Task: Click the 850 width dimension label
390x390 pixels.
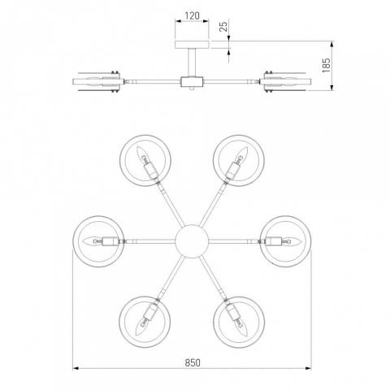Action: [x=193, y=362]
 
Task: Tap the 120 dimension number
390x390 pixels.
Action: [x=192, y=16]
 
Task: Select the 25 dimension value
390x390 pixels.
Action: [x=224, y=27]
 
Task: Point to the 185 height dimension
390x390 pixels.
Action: [x=327, y=65]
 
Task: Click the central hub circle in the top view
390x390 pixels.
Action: [x=192, y=241]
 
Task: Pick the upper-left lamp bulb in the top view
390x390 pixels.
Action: [x=142, y=154]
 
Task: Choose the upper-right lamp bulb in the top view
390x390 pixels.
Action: [x=241, y=154]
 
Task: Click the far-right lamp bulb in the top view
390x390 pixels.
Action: [x=291, y=240]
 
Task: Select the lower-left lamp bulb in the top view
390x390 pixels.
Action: [x=143, y=327]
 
